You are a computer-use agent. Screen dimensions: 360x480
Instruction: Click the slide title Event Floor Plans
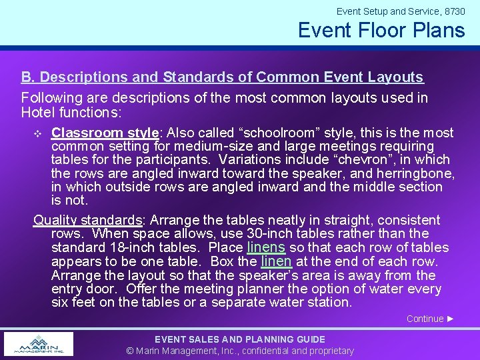[x=381, y=30]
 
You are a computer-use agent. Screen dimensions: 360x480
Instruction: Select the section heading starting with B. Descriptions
[x=222, y=77]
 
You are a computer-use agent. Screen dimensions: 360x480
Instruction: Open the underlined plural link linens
[x=265, y=247]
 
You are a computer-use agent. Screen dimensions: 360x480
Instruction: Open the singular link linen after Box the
[x=275, y=261]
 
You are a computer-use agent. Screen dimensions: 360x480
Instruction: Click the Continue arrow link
[x=430, y=319]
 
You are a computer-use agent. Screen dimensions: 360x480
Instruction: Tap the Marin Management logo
[x=39, y=344]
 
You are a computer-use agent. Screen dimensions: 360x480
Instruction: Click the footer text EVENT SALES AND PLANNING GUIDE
[x=240, y=339]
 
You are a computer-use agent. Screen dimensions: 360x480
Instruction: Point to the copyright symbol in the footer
[x=131, y=351]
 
